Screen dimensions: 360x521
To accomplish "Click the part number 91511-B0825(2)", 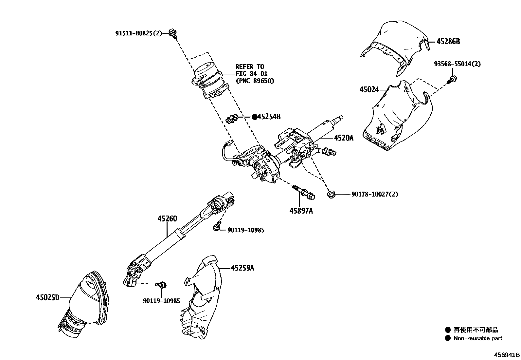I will click(138, 33).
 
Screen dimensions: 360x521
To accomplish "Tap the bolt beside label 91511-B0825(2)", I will click(173, 33).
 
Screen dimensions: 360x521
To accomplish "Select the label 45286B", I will click(448, 42).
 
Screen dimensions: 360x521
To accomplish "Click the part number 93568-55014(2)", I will click(457, 64).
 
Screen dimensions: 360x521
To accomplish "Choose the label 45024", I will click(369, 89).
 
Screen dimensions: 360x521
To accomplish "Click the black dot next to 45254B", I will click(254, 117).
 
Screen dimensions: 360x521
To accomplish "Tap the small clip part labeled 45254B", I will click(232, 119).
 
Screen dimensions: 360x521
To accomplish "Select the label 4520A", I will click(343, 138).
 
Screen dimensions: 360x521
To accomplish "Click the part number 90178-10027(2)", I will click(375, 195).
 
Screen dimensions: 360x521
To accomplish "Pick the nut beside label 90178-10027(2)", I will click(331, 194).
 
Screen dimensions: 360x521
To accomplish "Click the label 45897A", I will click(301, 211).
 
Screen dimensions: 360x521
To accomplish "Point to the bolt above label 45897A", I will click(304, 192).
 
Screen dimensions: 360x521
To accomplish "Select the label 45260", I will click(167, 219).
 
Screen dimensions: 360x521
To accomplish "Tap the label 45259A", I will click(242, 268).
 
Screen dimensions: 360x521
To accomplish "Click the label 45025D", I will click(48, 298).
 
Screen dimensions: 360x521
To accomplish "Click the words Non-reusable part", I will click(477, 338).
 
